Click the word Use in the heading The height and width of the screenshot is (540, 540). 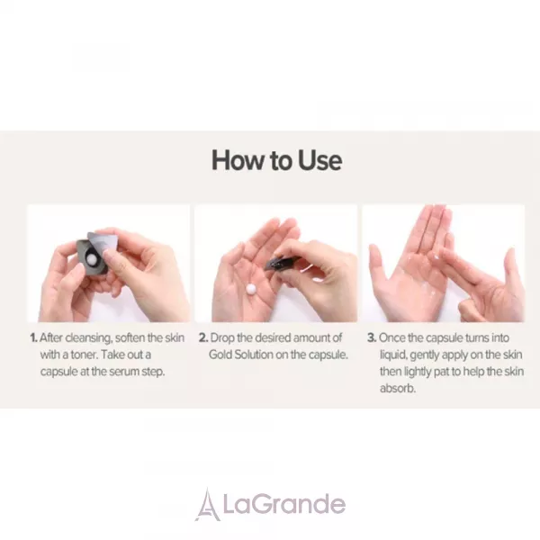(319, 160)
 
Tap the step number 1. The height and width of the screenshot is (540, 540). (33, 337)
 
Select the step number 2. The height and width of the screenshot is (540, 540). (203, 337)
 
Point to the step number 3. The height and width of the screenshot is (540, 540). (372, 337)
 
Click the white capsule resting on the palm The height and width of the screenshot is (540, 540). (251, 289)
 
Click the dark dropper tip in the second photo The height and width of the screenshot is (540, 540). (274, 264)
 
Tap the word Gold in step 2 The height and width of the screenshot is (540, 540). (220, 355)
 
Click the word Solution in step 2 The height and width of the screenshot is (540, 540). (254, 355)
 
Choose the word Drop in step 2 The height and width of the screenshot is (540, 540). (221, 338)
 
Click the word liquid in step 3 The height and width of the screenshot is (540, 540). (393, 355)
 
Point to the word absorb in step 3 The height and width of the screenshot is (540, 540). (398, 389)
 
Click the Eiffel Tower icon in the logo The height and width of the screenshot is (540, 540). (208, 505)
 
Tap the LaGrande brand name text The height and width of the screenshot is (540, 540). (283, 505)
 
